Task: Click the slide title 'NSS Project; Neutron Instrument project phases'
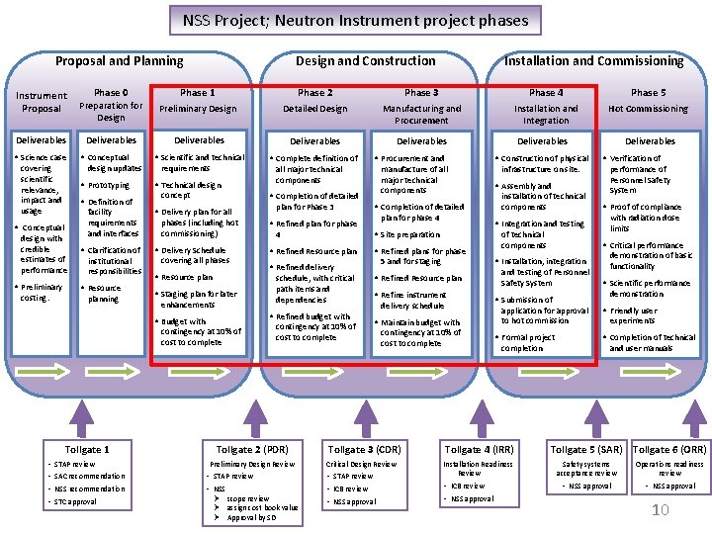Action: (355, 20)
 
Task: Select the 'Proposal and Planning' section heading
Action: (119, 61)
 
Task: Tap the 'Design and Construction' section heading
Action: (365, 61)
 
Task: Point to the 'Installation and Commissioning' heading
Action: (593, 61)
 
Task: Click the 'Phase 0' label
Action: (111, 92)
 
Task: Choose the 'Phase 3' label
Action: (421, 92)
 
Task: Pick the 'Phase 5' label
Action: (648, 92)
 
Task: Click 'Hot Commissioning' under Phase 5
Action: (648, 109)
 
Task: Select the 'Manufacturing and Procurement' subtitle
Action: (421, 114)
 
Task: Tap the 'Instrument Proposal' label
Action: (42, 102)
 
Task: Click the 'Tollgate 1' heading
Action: (87, 450)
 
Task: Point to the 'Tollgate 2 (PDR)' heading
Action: (252, 450)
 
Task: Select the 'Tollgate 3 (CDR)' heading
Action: (363, 450)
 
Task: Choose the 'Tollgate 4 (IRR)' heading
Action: (479, 450)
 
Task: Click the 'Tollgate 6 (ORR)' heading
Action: (669, 450)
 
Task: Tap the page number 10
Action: (662, 510)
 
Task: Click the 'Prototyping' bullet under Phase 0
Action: (109, 185)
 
